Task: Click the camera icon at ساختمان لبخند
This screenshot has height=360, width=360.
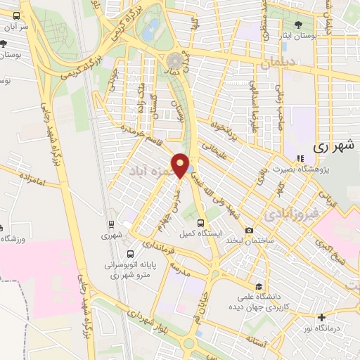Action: (249, 230)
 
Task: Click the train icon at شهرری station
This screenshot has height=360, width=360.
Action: (111, 224)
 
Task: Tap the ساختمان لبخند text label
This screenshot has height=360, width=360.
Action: (249, 240)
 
